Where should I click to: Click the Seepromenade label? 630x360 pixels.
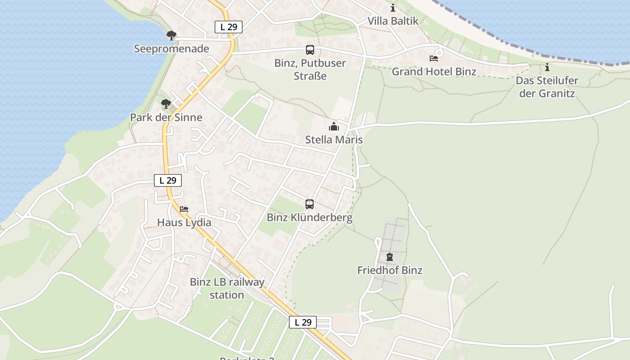pos(171,49)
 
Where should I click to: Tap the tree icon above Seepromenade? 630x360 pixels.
pos(171,36)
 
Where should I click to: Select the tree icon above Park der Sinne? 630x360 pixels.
pos(166,104)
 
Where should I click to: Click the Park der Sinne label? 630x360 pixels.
pos(166,117)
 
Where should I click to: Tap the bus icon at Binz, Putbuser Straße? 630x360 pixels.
pos(310,50)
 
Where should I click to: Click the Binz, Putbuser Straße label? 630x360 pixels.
pos(310,69)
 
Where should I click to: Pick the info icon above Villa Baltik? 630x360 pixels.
pos(393,8)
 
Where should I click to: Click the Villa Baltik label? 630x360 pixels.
pos(393,21)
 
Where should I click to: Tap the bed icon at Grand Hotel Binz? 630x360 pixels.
pos(434,58)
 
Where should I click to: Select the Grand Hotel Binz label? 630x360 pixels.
pos(434,72)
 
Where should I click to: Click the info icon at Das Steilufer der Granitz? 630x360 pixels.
pos(547,67)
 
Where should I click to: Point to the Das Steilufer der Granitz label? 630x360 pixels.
pos(547,87)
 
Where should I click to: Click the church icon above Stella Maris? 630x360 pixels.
pos(333,126)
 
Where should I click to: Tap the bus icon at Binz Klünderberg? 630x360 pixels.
pos(310,204)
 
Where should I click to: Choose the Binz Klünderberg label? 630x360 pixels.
pos(310,218)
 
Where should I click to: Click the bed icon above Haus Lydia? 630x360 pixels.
pos(184,209)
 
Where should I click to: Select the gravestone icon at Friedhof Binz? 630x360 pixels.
pos(390,257)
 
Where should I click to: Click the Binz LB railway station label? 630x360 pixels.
pos(227,288)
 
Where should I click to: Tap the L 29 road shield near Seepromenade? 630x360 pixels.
pos(229,27)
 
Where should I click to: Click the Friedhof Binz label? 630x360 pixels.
pos(390,270)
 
